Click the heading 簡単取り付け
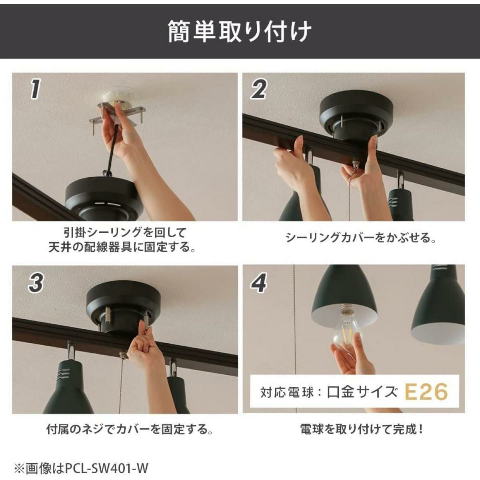[x=240, y=32]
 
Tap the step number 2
[x=258, y=89]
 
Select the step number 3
[x=36, y=283]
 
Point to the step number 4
[x=259, y=283]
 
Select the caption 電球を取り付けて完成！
[x=362, y=429]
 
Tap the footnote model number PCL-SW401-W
[x=107, y=461]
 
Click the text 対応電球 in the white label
[x=287, y=392]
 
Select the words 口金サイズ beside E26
[x=362, y=392]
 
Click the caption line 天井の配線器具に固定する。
[x=122, y=247]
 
